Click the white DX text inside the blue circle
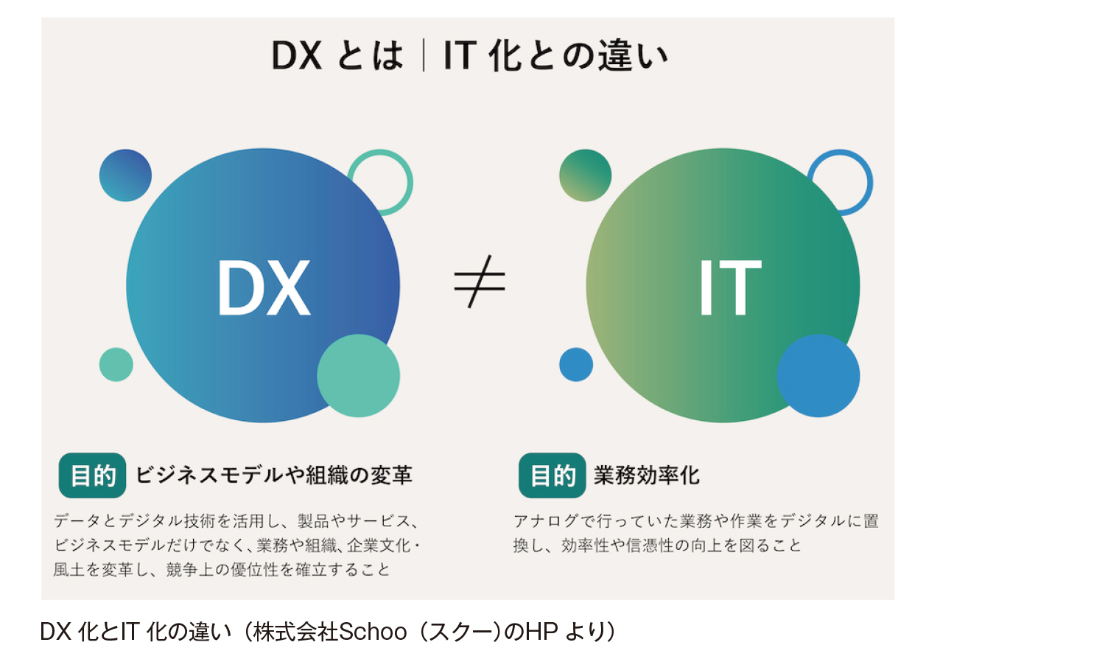coord(264,287)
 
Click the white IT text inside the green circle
coord(731,287)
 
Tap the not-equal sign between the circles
coord(480,282)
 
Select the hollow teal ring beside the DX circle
coord(410,183)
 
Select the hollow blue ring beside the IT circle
coord(870,183)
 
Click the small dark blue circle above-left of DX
coord(125,175)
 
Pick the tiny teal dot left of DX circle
coord(116,364)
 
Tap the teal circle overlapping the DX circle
coord(358,376)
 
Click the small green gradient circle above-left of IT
coord(585,175)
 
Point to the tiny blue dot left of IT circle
coord(575,364)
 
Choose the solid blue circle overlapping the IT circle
coord(818,376)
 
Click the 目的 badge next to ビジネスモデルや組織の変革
coord(92,475)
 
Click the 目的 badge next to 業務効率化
coord(552,475)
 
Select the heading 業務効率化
coord(647,475)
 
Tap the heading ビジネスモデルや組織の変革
coord(274,475)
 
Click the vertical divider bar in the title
coord(424,55)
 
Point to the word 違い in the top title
coord(634,55)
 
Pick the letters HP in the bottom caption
coord(541,632)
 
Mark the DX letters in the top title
coord(296,55)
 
